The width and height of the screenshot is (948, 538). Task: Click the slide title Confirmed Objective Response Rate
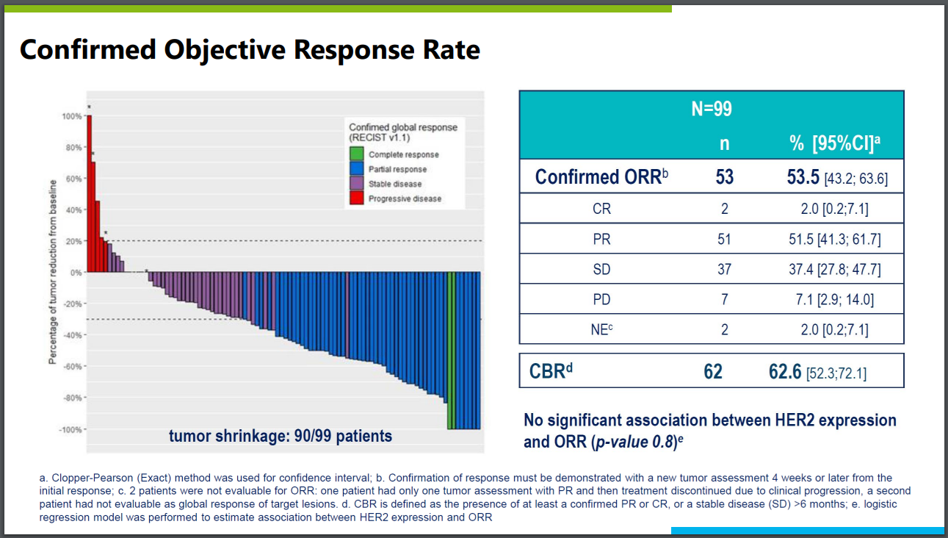click(250, 50)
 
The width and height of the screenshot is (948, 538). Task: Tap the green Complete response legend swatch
click(357, 154)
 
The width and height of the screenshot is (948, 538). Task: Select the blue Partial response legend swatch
click(357, 169)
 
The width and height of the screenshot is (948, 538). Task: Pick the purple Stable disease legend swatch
click(357, 184)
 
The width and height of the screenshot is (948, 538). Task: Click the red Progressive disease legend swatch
click(357, 198)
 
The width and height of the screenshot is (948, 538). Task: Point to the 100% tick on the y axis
click(71, 116)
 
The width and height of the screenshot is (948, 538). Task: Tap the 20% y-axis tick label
click(73, 241)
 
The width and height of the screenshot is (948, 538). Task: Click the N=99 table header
click(711, 110)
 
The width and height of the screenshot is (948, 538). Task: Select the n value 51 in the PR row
click(724, 239)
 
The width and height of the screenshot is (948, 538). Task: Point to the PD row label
click(601, 300)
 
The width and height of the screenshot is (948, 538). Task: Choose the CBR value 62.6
click(785, 372)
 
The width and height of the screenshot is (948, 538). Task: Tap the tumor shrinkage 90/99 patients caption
click(281, 437)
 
